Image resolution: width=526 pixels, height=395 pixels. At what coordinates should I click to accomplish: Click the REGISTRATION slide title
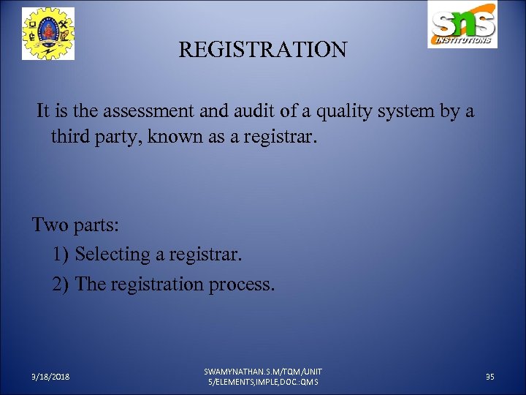tap(263, 50)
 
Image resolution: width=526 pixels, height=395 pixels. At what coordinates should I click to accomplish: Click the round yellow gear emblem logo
tap(48, 33)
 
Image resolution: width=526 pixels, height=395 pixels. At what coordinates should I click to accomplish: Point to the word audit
tap(264, 111)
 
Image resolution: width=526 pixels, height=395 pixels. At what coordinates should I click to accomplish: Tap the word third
tap(72, 136)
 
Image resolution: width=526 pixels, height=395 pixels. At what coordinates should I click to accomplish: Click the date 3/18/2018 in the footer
tap(50, 376)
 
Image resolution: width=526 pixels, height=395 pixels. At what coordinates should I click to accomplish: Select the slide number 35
tap(490, 376)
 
